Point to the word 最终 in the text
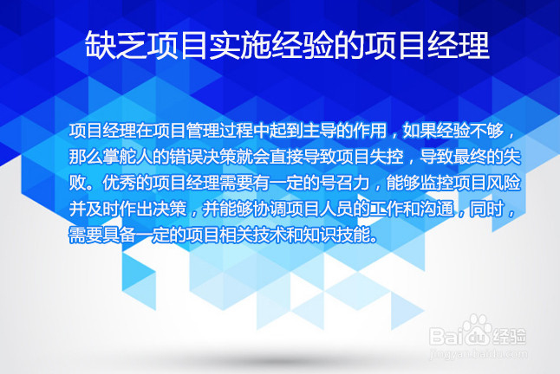click(467, 158)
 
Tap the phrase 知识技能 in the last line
click(337, 235)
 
